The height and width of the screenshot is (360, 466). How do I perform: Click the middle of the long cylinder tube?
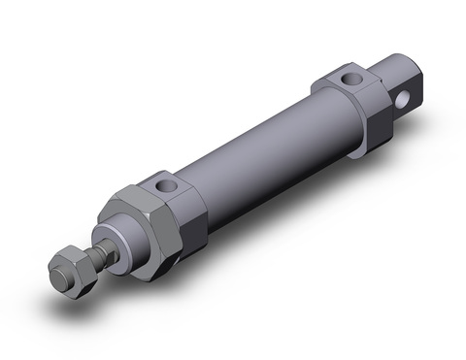pos(257,146)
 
